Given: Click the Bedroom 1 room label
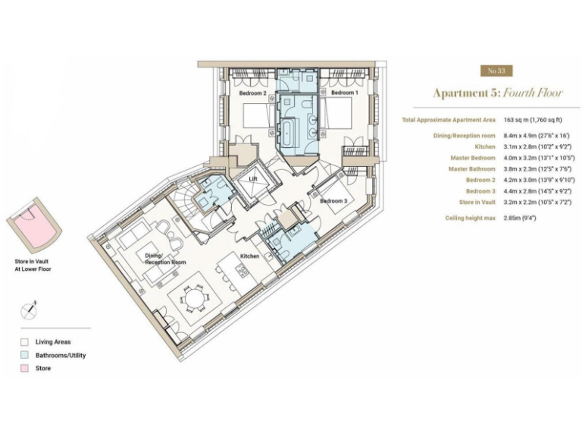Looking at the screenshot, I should (345, 93).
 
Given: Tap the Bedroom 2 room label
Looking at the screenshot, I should (252, 93).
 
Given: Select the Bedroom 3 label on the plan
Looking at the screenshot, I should (333, 200).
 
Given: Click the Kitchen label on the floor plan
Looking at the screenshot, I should (250, 256).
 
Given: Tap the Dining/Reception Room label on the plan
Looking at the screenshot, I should (165, 259).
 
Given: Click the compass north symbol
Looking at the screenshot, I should (30, 309).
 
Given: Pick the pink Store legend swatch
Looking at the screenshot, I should (25, 368).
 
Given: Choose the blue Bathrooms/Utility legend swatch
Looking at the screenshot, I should (25, 355).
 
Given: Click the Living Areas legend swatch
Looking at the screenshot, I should (25, 342).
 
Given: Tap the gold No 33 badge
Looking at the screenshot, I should (496, 71).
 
